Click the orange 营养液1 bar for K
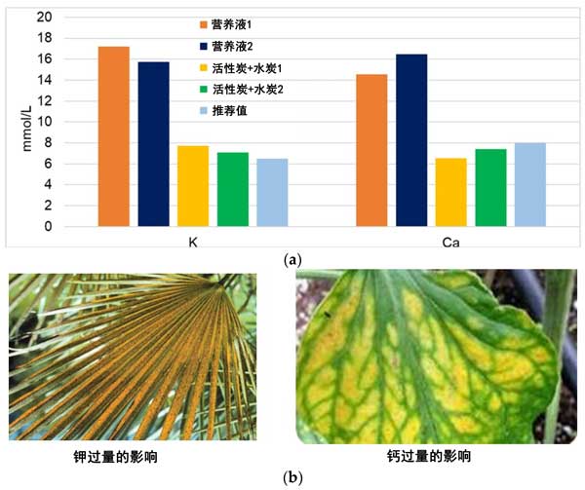coord(113,136)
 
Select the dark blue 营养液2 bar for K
coord(153,144)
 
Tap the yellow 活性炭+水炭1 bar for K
coord(193,186)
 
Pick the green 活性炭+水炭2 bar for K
coord(232,189)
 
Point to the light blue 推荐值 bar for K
coord(272,193)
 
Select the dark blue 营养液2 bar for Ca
coord(411,140)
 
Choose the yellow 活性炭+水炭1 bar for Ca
coord(450,192)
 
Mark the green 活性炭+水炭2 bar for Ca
coord(490,187)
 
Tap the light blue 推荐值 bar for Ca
coord(530,184)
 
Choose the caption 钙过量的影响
coord(430,455)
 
